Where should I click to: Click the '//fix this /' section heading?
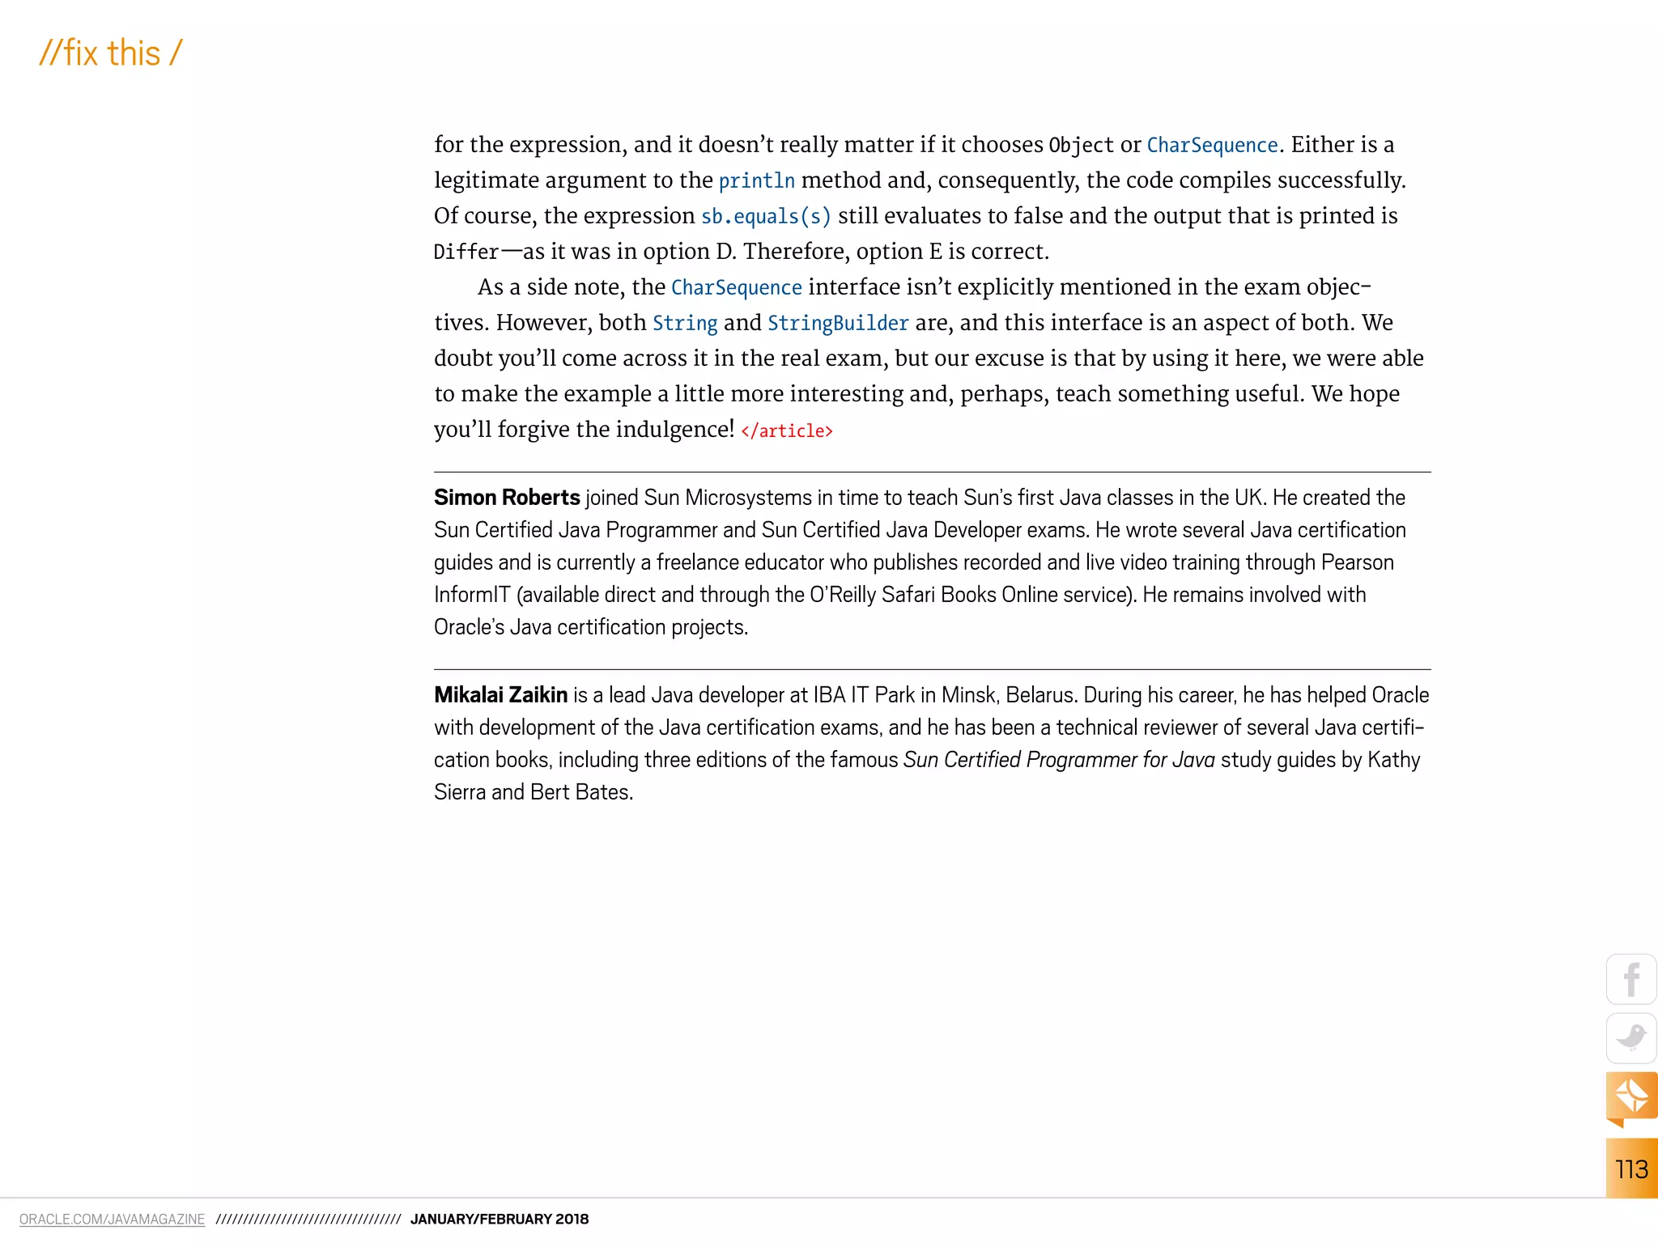(x=111, y=53)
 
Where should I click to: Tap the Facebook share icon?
(x=1630, y=979)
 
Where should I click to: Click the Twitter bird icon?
(x=1630, y=1037)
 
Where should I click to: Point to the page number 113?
(x=1631, y=1169)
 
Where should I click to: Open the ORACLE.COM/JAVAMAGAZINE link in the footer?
(x=112, y=1220)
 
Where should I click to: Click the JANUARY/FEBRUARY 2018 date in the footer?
(x=500, y=1220)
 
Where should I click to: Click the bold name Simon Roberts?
(x=507, y=498)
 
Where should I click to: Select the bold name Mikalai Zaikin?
(x=500, y=695)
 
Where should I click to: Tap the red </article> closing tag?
(x=787, y=431)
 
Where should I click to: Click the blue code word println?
(x=756, y=181)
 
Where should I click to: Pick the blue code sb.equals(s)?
(x=766, y=217)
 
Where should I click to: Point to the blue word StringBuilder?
(x=838, y=324)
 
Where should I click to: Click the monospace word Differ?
(x=466, y=252)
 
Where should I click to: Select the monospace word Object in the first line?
(x=1082, y=146)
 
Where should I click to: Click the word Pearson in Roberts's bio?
(x=1357, y=562)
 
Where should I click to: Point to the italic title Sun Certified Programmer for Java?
(x=1059, y=760)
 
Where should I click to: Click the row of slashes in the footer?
(x=308, y=1220)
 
